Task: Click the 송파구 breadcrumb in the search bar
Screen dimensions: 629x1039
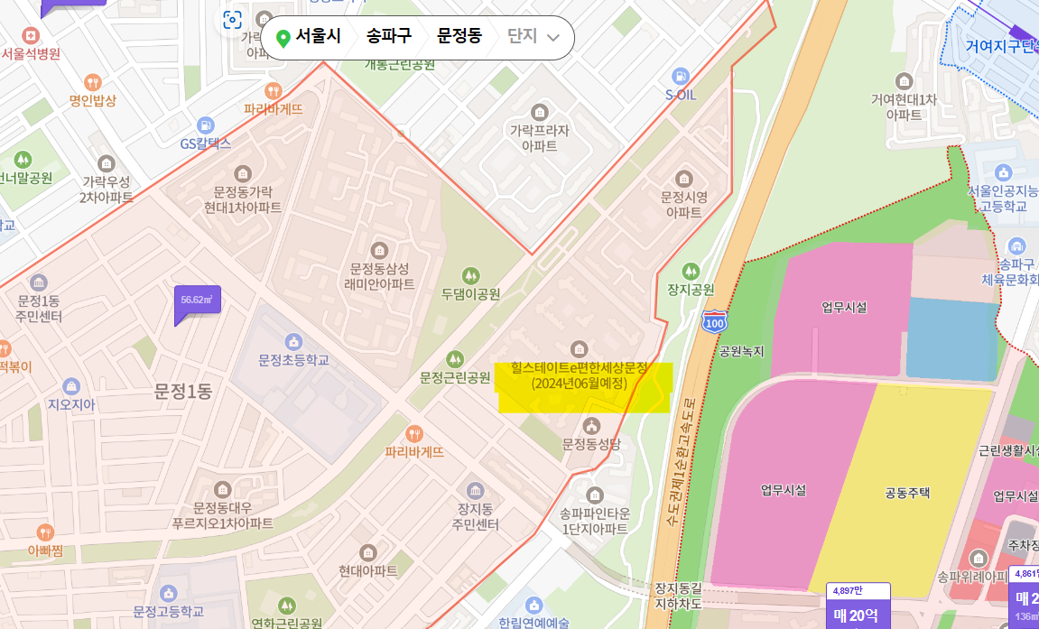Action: (x=388, y=37)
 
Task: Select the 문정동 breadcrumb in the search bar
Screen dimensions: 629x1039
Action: (x=459, y=37)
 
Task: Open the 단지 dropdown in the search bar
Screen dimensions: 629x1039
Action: (x=533, y=37)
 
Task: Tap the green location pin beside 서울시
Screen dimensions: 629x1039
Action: (x=283, y=38)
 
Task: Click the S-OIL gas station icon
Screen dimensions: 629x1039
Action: (x=681, y=77)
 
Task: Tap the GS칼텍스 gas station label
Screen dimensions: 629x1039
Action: (x=206, y=143)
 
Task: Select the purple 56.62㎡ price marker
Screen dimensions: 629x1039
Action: (x=196, y=301)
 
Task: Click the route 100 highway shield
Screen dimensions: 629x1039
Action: (x=714, y=320)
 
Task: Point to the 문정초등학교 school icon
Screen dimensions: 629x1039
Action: (x=293, y=342)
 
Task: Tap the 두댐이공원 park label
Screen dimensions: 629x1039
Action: (x=470, y=293)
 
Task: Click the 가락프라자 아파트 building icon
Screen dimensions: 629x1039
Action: (x=540, y=112)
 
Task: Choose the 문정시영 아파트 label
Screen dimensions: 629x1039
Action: (x=683, y=204)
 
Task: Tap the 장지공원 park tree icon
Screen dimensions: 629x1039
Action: (x=691, y=271)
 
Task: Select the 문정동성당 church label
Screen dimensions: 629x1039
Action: (x=591, y=444)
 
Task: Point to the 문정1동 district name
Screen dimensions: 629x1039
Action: (x=182, y=391)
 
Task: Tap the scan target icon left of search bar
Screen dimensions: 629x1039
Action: (x=232, y=21)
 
